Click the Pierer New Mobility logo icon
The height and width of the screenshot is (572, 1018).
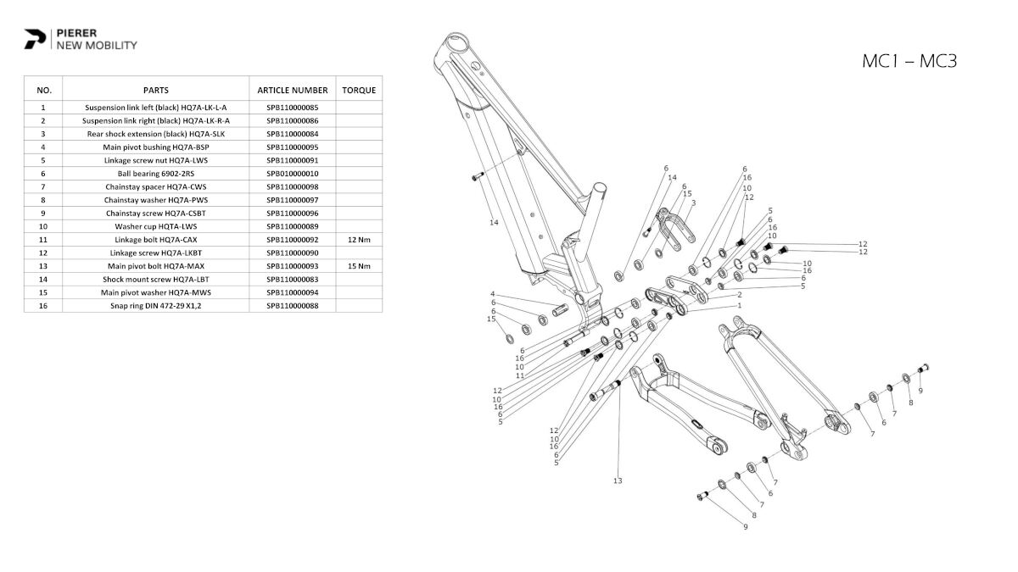tap(36, 39)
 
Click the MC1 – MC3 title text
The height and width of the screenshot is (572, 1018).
tap(909, 61)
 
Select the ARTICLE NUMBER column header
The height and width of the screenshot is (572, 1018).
tap(292, 90)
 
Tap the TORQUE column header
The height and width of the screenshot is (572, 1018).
tap(359, 90)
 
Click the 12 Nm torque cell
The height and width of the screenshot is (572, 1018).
tap(359, 240)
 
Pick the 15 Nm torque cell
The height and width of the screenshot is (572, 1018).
tap(359, 266)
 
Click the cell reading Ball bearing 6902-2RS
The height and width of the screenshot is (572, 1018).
tap(155, 174)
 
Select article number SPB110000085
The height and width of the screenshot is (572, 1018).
tap(292, 108)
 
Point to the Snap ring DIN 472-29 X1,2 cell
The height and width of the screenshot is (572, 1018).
tap(155, 306)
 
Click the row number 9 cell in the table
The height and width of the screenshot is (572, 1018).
tap(43, 214)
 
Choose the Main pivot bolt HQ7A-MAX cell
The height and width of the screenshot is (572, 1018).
tap(155, 266)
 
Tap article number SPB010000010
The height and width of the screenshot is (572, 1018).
tap(292, 174)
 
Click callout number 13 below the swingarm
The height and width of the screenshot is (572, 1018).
tap(618, 481)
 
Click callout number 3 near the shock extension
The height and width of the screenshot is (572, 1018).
tap(693, 203)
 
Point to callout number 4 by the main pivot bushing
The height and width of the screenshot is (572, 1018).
tap(493, 295)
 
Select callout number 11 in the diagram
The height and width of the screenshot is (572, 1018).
tap(520, 375)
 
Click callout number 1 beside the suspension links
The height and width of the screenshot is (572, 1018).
tap(739, 305)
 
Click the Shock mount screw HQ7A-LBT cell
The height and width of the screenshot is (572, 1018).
tap(155, 280)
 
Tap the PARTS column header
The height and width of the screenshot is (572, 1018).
tap(155, 90)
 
